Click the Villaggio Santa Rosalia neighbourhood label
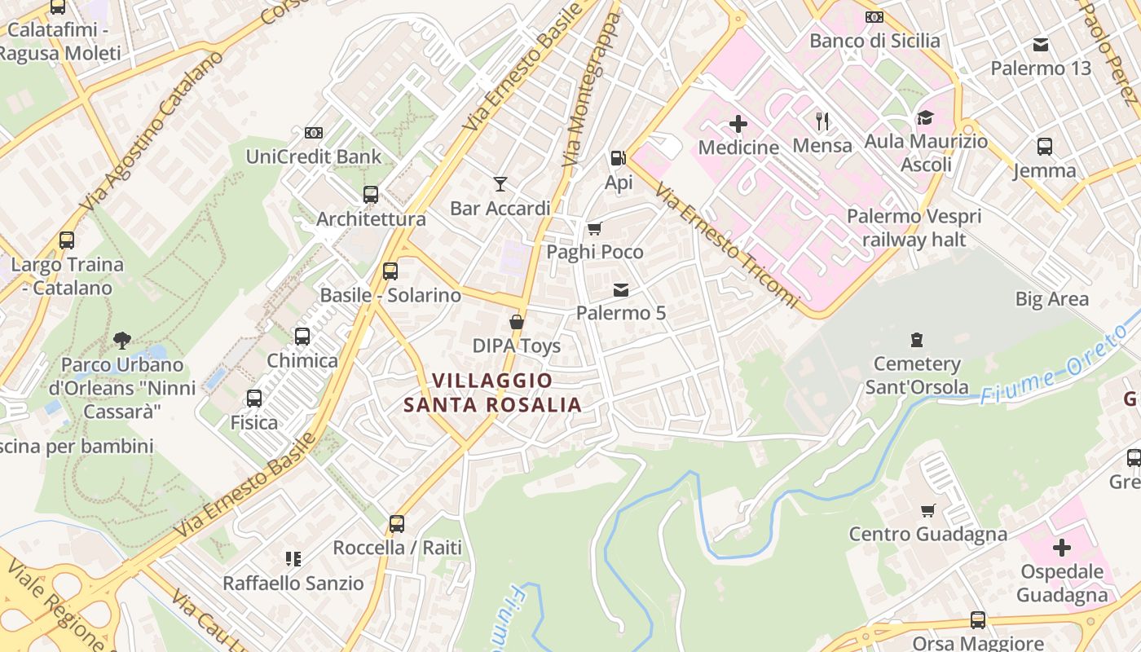pos(492,392)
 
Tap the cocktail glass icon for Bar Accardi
pos(500,184)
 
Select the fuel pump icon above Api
pos(619,158)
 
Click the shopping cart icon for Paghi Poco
pos(595,228)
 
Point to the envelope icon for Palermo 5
pos(621,289)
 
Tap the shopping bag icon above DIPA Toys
pos(517,322)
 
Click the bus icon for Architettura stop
pos(371,195)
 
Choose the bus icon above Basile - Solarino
pos(390,271)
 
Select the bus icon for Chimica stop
pos(302,336)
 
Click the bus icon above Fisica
pos(254,398)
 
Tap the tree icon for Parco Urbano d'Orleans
pos(122,339)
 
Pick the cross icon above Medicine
pos(738,124)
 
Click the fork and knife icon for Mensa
pos(822,121)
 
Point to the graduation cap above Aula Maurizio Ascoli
pos(925,117)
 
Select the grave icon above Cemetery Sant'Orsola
pos(917,339)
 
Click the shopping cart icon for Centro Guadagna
pos(927,510)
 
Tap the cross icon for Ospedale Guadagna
pos(1062,547)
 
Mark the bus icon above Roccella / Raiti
pos(397,523)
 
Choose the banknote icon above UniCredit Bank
pos(314,132)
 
